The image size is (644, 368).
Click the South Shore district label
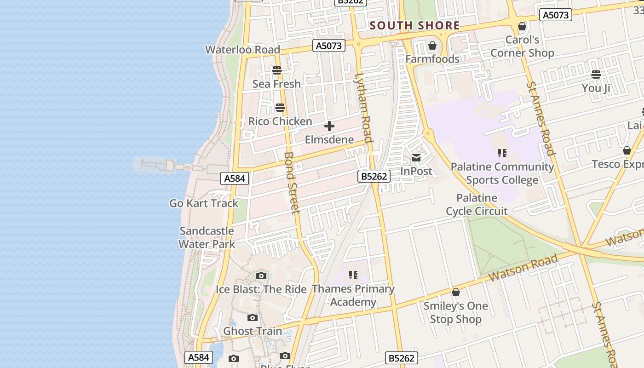414,26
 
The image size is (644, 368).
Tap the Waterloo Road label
242,50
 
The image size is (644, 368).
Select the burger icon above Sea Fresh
276,70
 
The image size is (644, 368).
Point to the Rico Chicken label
280,121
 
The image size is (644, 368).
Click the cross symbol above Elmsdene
329,126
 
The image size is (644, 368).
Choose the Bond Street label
292,183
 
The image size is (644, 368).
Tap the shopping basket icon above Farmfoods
432,46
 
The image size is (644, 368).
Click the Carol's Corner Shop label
522,46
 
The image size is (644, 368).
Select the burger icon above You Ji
596,74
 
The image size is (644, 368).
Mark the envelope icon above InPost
416,158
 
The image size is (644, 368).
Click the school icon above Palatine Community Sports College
502,153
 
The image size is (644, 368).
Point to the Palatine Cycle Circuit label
477,205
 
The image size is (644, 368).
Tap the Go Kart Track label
204,203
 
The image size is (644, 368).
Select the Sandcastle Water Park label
207,237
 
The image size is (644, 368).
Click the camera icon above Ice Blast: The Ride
261,276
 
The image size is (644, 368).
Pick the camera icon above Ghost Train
252,317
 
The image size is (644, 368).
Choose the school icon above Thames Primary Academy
353,275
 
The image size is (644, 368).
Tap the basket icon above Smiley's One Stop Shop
456,292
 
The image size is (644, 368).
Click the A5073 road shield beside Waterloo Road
329,46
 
